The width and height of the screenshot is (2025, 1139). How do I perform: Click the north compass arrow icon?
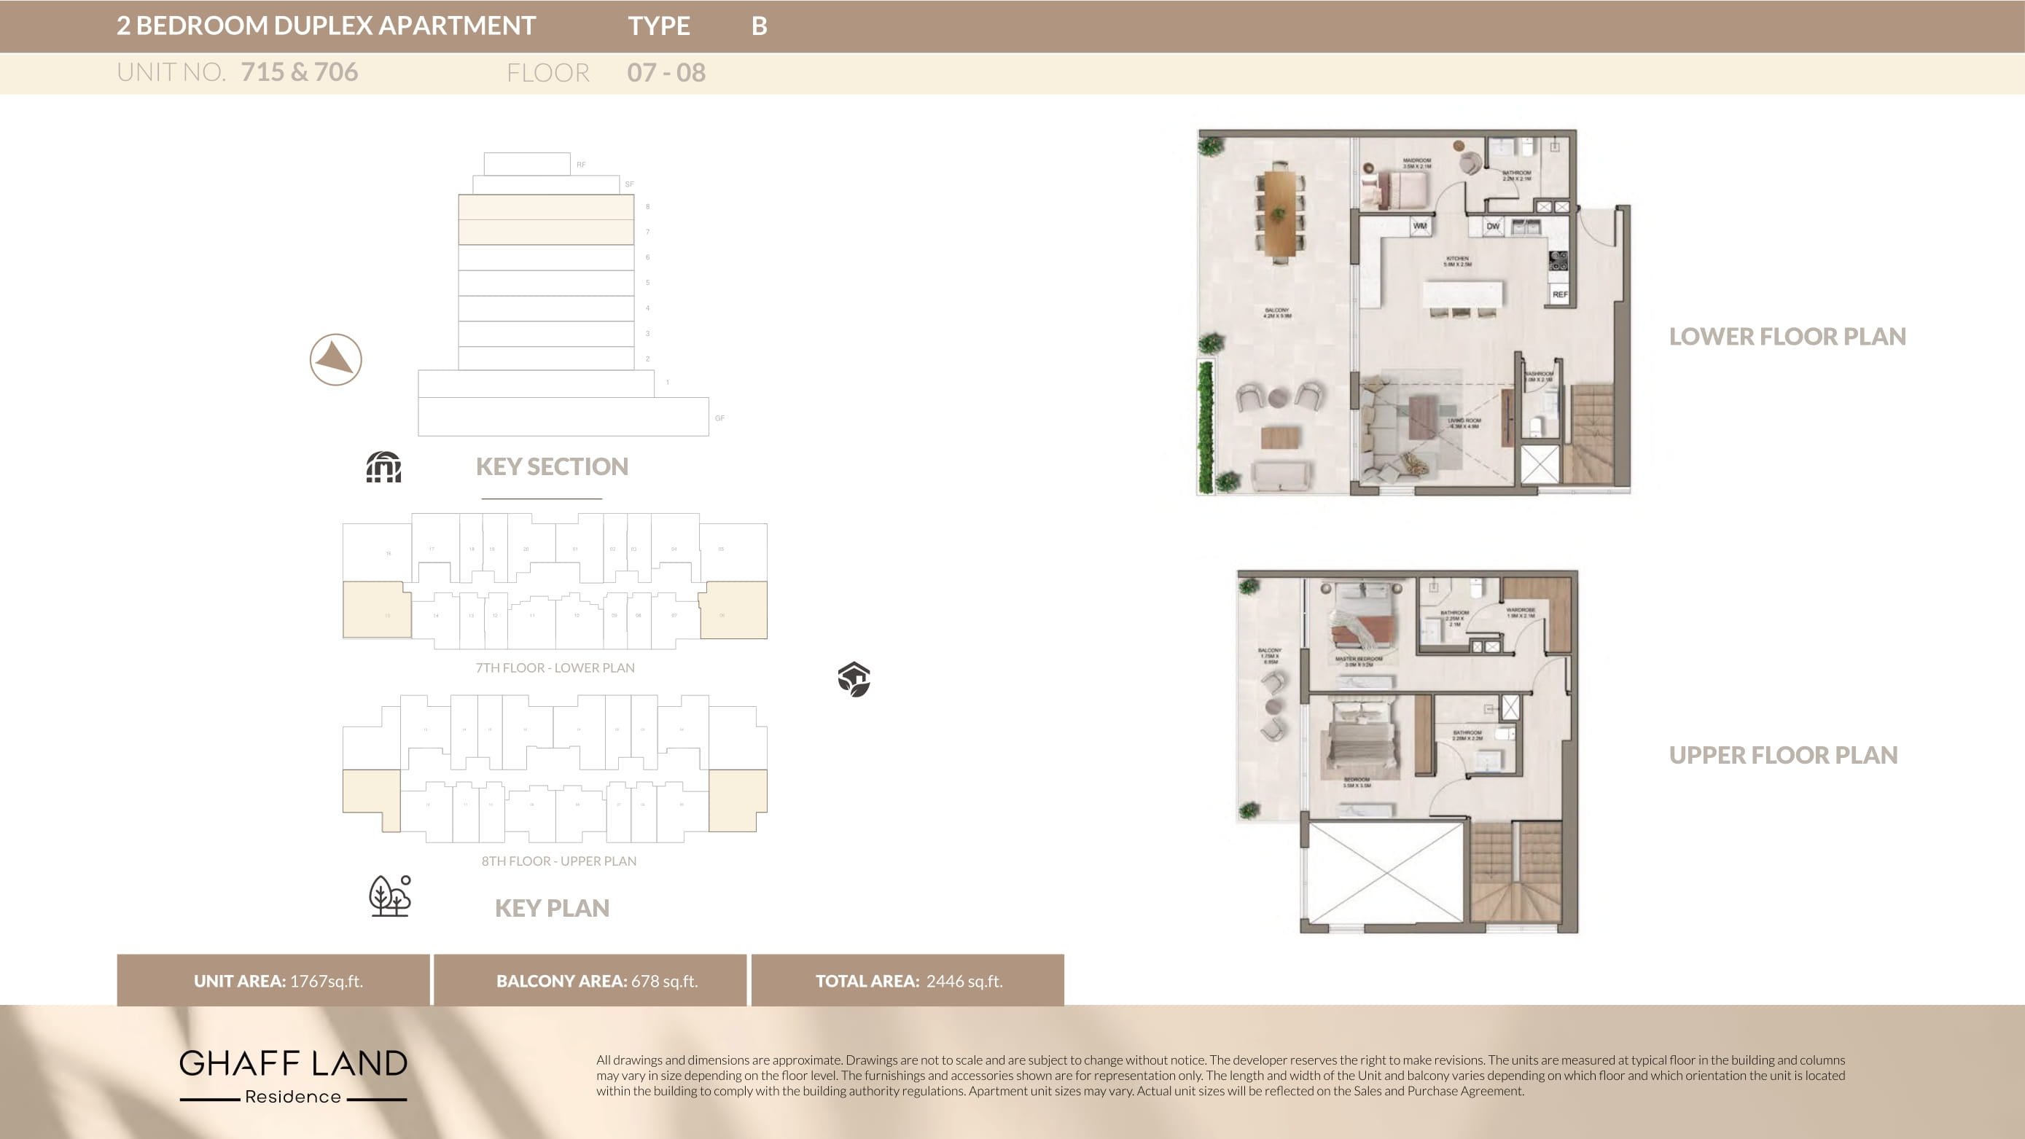point(335,359)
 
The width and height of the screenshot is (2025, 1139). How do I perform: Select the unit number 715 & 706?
point(299,72)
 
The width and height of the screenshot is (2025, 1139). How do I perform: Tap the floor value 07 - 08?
point(666,73)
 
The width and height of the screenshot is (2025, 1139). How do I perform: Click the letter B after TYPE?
point(759,26)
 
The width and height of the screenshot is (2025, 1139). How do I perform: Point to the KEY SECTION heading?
point(552,467)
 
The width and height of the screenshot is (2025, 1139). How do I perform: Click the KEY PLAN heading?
point(552,908)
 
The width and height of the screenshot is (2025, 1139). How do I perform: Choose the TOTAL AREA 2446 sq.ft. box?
point(908,980)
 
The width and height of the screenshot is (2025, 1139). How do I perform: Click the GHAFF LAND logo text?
point(293,1063)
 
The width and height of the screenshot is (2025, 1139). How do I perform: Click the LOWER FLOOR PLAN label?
point(1787,337)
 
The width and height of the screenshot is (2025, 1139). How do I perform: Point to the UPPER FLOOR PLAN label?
point(1783,756)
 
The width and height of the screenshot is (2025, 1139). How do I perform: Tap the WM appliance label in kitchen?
point(1420,226)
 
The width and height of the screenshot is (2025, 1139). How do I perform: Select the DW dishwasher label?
point(1492,227)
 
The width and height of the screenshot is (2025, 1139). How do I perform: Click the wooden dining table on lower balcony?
point(1280,214)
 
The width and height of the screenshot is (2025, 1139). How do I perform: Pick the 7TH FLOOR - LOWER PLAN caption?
point(555,668)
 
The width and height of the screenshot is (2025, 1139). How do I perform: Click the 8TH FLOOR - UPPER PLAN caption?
point(559,861)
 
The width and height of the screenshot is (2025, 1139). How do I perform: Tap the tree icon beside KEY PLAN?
point(390,896)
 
